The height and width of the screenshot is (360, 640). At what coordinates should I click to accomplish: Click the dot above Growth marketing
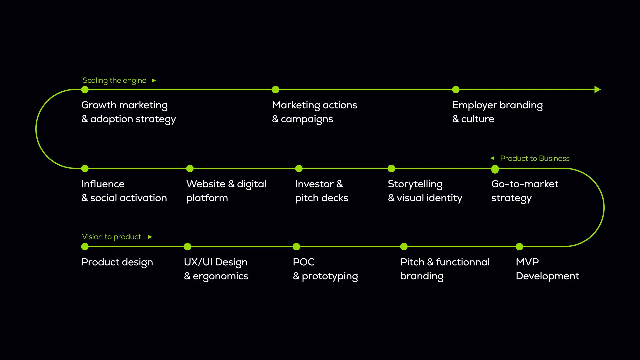pos(85,90)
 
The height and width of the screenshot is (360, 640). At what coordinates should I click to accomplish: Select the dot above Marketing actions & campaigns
pos(275,90)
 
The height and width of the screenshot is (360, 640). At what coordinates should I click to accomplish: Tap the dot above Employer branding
pos(456,90)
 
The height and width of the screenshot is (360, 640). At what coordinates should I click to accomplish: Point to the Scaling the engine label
pos(114,81)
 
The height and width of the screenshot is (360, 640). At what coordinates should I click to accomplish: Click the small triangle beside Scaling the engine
pos(154,81)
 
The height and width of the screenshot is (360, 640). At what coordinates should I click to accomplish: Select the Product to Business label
pos(535,159)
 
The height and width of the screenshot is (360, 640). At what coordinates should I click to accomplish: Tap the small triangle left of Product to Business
pos(492,158)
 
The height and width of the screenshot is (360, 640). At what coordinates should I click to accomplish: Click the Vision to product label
pos(112,237)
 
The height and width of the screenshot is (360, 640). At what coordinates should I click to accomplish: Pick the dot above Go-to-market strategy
pos(495,169)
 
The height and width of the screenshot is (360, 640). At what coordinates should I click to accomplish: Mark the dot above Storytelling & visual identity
pos(392,169)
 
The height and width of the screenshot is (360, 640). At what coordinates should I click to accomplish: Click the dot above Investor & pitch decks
pos(299,169)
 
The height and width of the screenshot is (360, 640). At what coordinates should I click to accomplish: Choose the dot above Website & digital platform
pos(190,169)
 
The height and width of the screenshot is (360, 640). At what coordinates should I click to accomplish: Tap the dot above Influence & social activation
pos(85,169)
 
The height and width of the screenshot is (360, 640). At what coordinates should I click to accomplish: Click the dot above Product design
pos(85,247)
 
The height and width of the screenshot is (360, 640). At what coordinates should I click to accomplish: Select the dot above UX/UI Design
pos(188,247)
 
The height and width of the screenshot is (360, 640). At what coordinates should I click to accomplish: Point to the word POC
pos(304,262)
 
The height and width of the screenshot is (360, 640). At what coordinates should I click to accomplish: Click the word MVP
pos(527,262)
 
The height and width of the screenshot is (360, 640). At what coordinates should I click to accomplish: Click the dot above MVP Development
pos(519,247)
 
